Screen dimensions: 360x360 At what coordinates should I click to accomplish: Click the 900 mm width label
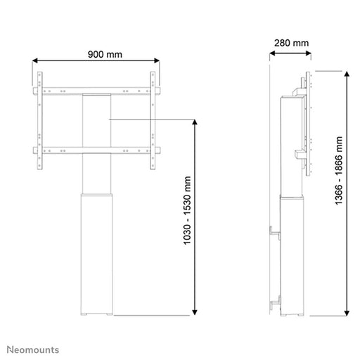[x=96, y=54]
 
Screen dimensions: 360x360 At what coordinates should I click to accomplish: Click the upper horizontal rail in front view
[x=96, y=91]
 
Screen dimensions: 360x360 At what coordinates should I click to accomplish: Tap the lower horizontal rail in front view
[x=96, y=150]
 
